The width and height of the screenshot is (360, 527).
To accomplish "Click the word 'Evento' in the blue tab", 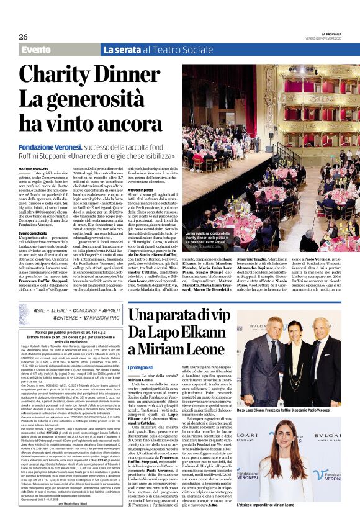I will [x=36, y=50].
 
